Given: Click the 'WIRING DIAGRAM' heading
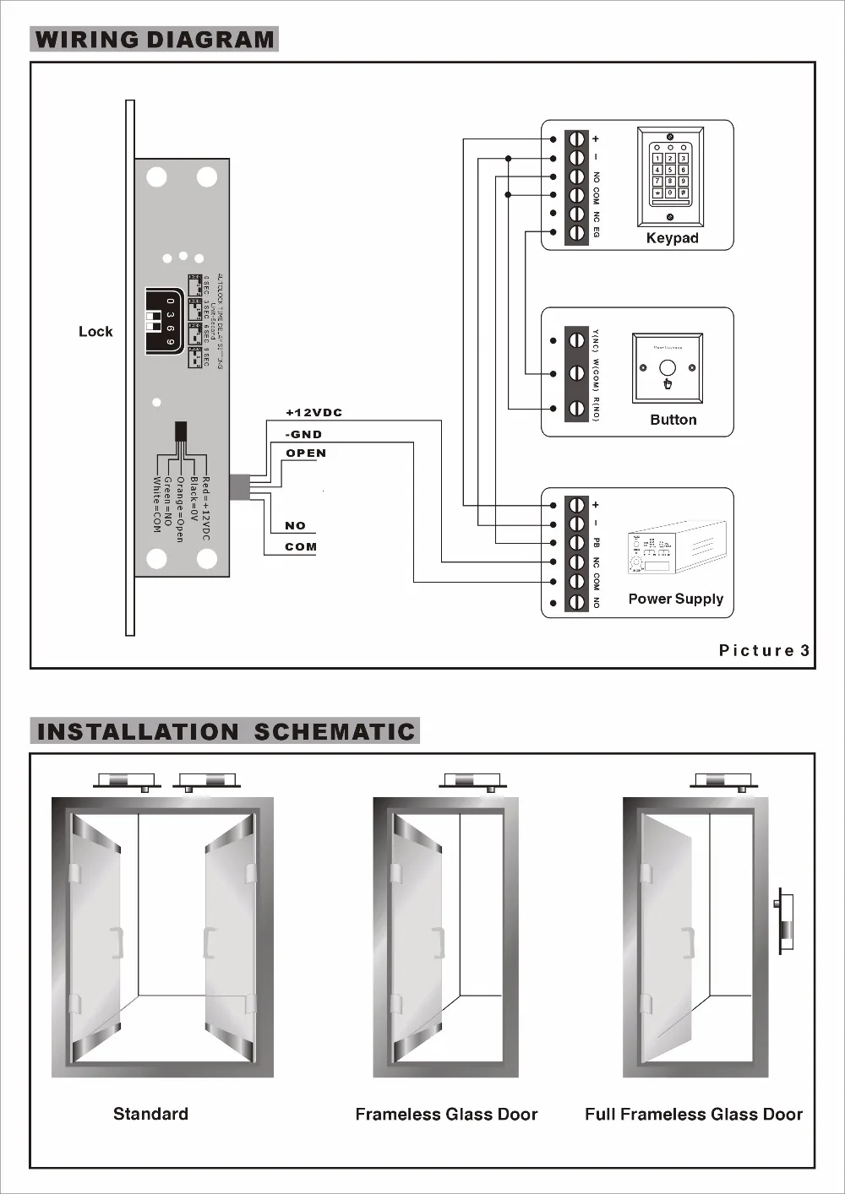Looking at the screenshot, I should click(x=154, y=40).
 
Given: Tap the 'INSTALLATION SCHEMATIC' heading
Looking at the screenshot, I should click(x=226, y=731).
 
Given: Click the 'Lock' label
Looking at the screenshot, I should click(x=95, y=332).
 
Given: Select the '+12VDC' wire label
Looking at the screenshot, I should click(x=313, y=413).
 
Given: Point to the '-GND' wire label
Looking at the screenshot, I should click(x=303, y=434).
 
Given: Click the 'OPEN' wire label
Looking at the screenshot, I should click(x=306, y=453).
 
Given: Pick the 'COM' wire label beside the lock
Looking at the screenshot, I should click(x=301, y=547).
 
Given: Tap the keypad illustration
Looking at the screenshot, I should click(x=670, y=176).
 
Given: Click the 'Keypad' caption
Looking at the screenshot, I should click(x=672, y=238).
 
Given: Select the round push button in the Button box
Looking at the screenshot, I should click(x=668, y=368).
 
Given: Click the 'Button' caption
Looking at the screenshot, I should click(x=673, y=420).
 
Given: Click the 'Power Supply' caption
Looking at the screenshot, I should click(x=675, y=599).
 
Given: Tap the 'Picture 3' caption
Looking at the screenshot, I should click(x=764, y=650).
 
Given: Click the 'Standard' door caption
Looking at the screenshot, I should click(x=150, y=1114).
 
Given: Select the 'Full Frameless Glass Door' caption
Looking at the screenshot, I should click(x=693, y=1115).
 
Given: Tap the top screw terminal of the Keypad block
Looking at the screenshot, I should click(x=577, y=138).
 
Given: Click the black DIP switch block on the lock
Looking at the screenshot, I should click(x=165, y=318).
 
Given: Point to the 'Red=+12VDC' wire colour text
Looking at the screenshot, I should click(x=205, y=508).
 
